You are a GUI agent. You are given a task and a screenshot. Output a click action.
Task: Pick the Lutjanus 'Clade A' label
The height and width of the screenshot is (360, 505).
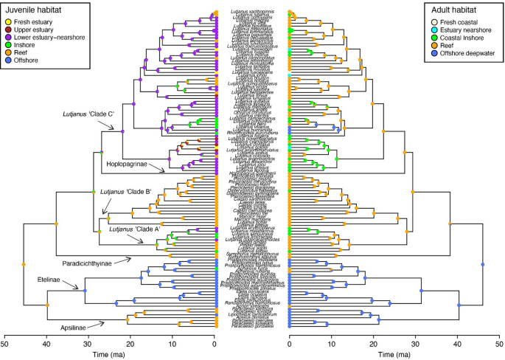pyautogui.click(x=135, y=229)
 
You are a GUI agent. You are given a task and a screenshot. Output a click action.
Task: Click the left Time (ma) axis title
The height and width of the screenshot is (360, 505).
pyautogui.click(x=110, y=354)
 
